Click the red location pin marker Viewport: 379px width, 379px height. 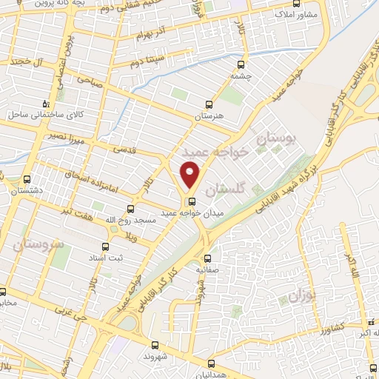[x=191, y=175]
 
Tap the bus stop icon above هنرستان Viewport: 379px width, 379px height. [x=209, y=104]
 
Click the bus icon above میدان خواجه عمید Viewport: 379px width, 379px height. [x=192, y=201]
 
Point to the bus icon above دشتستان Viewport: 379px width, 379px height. [x=27, y=179]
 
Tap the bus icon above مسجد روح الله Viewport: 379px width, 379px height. [x=131, y=209]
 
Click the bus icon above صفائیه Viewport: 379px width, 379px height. [x=207, y=258]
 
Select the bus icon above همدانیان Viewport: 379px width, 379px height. [x=211, y=363]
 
